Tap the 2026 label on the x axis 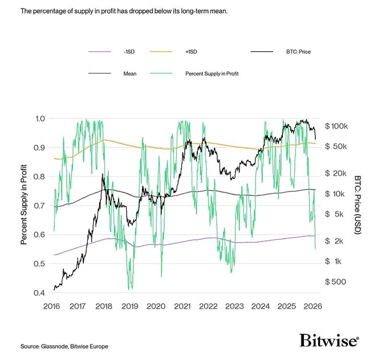[x=312, y=306]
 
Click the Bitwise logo [x=329, y=341]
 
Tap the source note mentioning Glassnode [x=64, y=346]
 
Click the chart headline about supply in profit [x=124, y=10]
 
